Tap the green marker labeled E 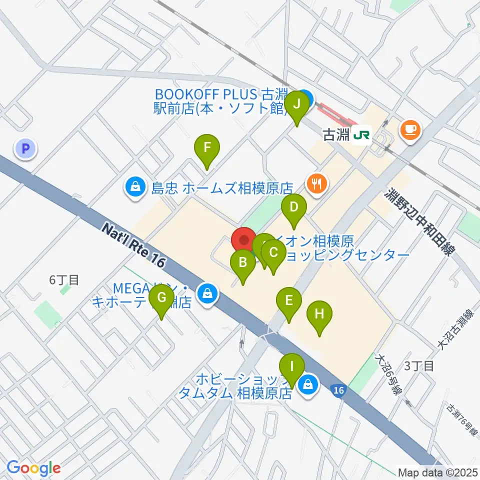tap(289, 301)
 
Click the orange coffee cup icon tap(411, 130)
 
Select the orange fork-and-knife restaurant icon tap(316, 183)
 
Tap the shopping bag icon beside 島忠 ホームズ tap(135, 188)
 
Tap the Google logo tap(33, 467)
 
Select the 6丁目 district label tap(64, 280)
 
